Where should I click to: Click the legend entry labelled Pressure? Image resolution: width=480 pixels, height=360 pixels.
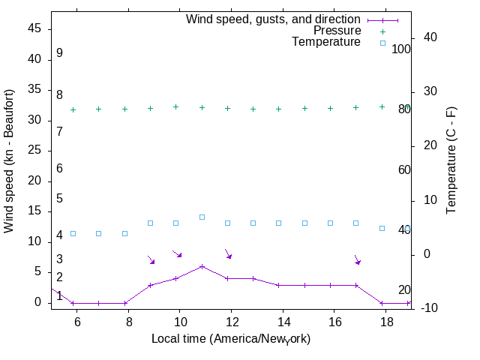pos(337,31)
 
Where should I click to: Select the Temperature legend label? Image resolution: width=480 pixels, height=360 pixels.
pos(326,42)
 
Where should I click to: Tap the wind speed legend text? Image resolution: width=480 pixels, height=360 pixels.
pos(274,19)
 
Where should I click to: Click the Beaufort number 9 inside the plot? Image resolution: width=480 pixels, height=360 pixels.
pos(59,53)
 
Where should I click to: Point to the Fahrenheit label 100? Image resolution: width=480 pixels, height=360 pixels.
pos(401,49)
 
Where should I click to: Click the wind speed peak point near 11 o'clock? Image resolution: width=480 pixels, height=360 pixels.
pos(202,266)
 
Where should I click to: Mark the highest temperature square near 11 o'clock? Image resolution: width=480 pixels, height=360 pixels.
pos(202,217)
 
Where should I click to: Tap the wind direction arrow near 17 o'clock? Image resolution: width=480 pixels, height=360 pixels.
pos(358,259)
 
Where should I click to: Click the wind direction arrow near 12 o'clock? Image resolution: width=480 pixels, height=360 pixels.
pos(229,253)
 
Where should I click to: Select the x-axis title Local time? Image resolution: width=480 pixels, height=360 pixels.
pos(231,339)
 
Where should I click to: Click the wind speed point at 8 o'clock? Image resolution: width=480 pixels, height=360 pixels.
pos(125,303)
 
